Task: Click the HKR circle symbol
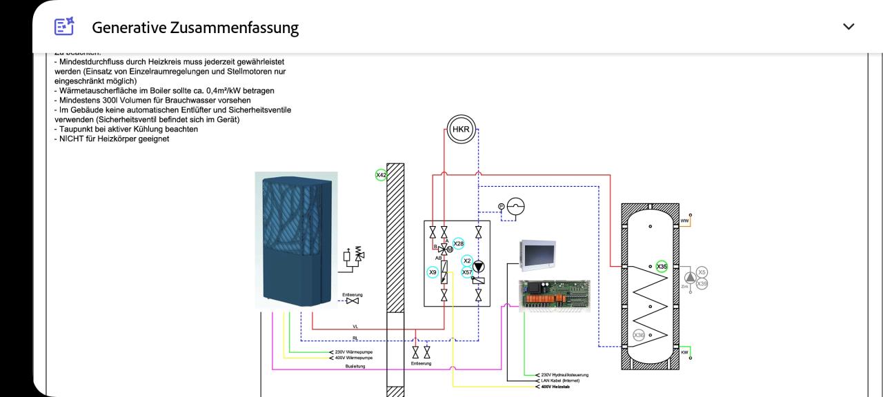(x=461, y=130)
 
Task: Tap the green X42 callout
(x=381, y=175)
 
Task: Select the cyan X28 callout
(x=459, y=243)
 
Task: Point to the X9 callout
(x=433, y=272)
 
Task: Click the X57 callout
(x=467, y=272)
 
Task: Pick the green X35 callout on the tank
(x=662, y=266)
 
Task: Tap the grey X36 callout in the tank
(x=639, y=335)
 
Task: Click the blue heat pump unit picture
(x=297, y=239)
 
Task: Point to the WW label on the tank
(x=684, y=221)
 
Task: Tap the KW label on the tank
(x=684, y=352)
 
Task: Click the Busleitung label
(x=355, y=366)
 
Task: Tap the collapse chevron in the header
(x=849, y=27)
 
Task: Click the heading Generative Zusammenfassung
(x=195, y=28)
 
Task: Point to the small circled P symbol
(x=502, y=206)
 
